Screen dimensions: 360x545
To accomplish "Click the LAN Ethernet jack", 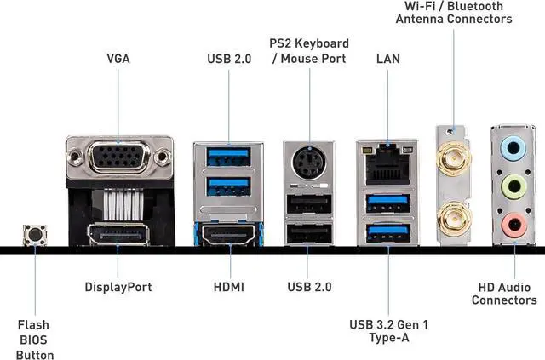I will pos(387,163).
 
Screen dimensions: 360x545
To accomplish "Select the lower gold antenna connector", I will pos(454,217).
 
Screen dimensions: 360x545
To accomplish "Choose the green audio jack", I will pos(513,186).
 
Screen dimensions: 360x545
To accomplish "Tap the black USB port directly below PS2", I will pos(309,204).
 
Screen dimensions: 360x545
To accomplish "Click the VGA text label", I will pos(118,60).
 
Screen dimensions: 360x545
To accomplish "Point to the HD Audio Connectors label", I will pos(504,294).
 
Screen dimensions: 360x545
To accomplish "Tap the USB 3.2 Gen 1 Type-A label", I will pos(388,331).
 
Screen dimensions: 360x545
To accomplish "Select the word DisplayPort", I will pos(118,287).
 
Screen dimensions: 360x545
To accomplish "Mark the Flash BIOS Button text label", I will pos(35,340).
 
